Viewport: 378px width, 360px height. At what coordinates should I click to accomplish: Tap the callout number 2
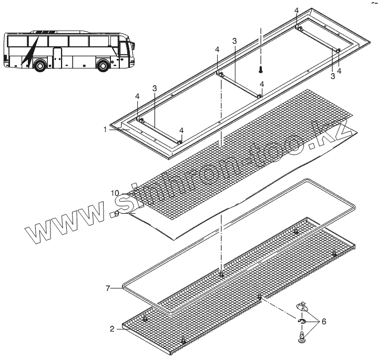coord(111,329)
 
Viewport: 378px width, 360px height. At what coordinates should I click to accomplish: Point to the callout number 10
coord(115,194)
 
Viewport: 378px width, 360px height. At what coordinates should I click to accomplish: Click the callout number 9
coord(117,213)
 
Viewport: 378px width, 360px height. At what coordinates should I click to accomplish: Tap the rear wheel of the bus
coord(39,66)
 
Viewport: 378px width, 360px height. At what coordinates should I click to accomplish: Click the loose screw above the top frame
coord(260,70)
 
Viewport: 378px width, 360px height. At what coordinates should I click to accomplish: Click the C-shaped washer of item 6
coord(302,322)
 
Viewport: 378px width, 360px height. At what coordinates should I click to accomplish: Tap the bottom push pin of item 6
coord(302,337)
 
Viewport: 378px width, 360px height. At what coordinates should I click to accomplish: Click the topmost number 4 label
coord(297,11)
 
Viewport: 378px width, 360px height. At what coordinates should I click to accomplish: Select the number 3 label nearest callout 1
coord(154,88)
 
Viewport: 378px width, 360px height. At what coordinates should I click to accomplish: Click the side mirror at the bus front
coord(134,45)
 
